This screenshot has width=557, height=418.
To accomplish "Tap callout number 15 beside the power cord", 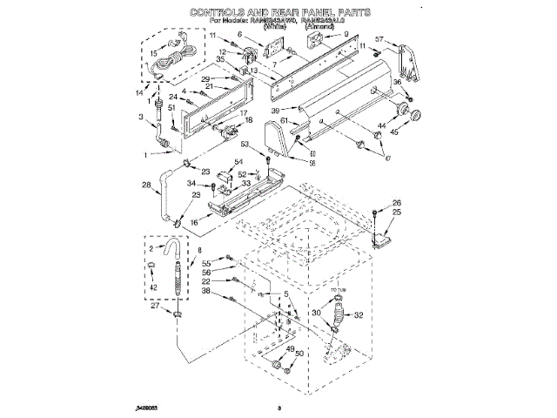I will (x=153, y=53).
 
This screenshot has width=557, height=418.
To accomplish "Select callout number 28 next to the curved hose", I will (x=146, y=184).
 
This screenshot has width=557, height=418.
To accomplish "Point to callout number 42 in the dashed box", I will (x=153, y=287).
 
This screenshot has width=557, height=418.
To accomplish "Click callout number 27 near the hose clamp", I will (x=156, y=305).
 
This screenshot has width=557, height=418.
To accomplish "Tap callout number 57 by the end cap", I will (x=379, y=40).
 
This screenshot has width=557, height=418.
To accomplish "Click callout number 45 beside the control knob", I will (x=395, y=133).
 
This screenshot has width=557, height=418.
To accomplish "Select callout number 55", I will (x=206, y=262).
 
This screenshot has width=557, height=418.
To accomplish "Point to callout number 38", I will (x=206, y=292).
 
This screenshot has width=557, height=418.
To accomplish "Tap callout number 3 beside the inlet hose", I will (x=141, y=116).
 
